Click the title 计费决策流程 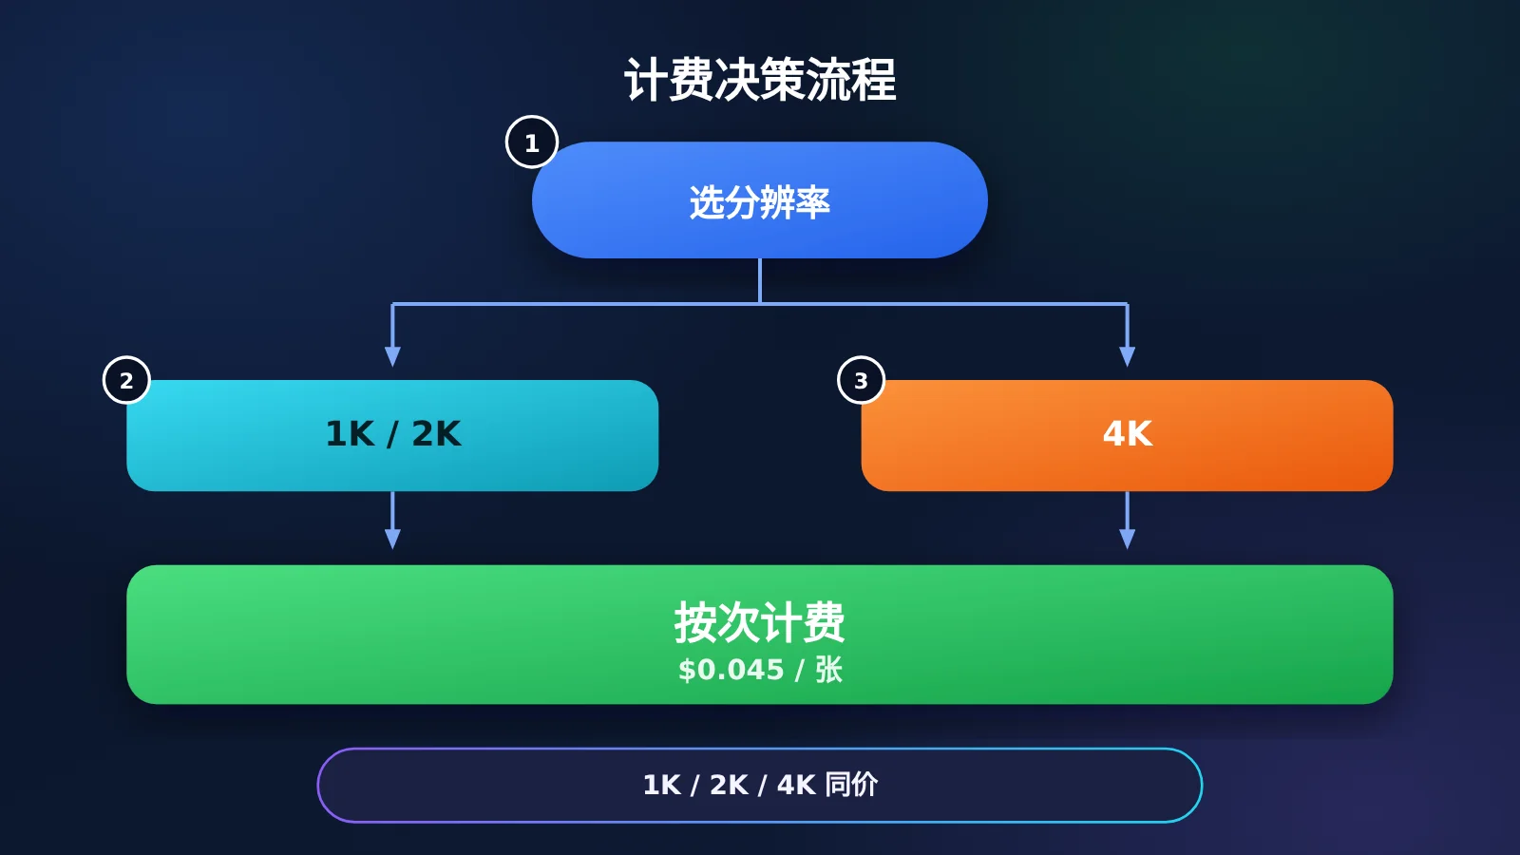(x=760, y=80)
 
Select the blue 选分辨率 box (x=760, y=200)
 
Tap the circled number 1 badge (x=532, y=142)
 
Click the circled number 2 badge (x=127, y=380)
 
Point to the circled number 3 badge (x=861, y=380)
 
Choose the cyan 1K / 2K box (x=392, y=436)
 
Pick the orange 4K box (x=1127, y=436)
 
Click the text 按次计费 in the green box (x=759, y=622)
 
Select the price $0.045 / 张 (x=760, y=670)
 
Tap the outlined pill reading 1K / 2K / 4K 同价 (x=760, y=785)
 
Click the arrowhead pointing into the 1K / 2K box (x=392, y=357)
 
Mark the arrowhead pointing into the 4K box (x=1127, y=357)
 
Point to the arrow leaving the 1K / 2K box (x=392, y=521)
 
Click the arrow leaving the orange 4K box (x=1127, y=521)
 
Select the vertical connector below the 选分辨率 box (x=760, y=281)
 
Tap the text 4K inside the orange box (x=1127, y=433)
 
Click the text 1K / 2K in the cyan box (x=393, y=433)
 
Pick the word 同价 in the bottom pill (x=851, y=785)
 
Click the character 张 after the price (x=828, y=670)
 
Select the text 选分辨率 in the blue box (x=759, y=202)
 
